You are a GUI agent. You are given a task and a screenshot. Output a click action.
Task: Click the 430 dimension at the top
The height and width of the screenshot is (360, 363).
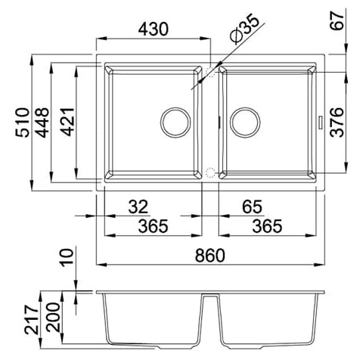click(x=153, y=29)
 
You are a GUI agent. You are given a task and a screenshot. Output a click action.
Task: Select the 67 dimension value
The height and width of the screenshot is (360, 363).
click(x=337, y=21)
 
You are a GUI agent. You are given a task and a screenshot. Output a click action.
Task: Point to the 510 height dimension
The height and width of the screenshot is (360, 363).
click(x=23, y=123)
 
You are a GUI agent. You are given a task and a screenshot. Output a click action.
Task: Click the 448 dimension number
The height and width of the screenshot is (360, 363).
click(x=42, y=123)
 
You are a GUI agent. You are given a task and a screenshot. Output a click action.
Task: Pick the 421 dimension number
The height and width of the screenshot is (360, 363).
click(x=67, y=122)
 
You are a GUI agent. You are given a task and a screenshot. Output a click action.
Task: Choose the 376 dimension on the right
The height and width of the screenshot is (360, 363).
click(x=337, y=123)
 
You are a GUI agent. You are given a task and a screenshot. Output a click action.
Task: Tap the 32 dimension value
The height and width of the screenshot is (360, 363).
click(x=138, y=207)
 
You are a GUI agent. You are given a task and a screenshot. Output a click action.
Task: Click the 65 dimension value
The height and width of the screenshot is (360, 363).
click(x=252, y=207)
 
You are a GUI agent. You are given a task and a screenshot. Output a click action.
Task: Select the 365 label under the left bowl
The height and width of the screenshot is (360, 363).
click(x=153, y=226)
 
